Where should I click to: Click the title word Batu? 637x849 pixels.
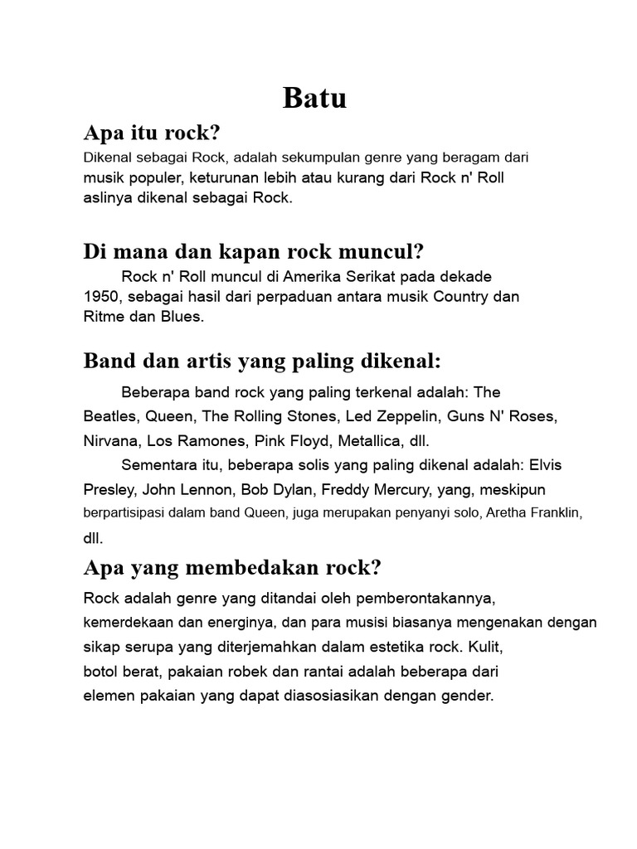coord(314,98)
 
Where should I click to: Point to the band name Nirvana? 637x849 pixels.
coord(111,439)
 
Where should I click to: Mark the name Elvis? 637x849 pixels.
coord(545,464)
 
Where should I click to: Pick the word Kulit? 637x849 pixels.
coord(486,644)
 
